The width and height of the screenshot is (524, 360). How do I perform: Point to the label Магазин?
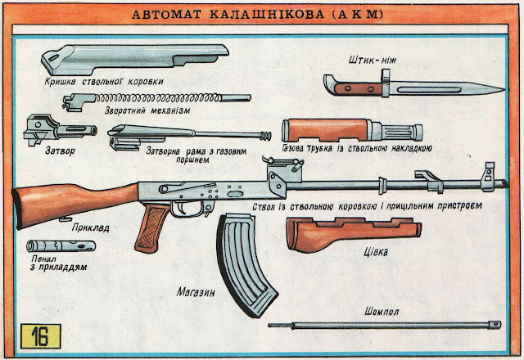(194, 290)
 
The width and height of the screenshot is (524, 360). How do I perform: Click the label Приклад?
(92, 228)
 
